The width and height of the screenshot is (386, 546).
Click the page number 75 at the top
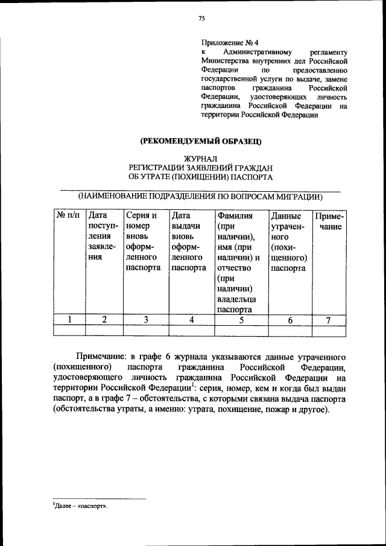[x=202, y=19]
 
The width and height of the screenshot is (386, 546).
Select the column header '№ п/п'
[x=68, y=216]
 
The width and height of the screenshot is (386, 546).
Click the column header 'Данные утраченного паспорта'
[x=288, y=241]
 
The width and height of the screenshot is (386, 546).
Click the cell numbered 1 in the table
[x=69, y=320]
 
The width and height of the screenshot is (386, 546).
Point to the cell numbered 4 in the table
[x=190, y=320]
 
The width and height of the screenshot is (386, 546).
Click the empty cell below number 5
[x=239, y=331]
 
